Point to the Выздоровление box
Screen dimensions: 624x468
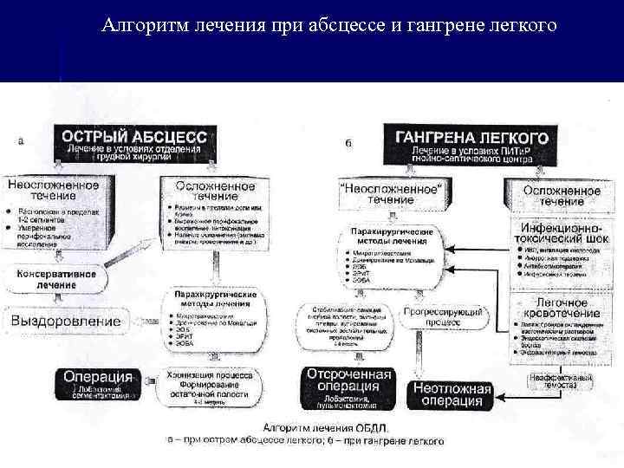click(x=66, y=321)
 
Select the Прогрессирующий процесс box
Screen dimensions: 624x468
click(x=442, y=316)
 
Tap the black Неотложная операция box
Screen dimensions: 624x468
click(x=448, y=394)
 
